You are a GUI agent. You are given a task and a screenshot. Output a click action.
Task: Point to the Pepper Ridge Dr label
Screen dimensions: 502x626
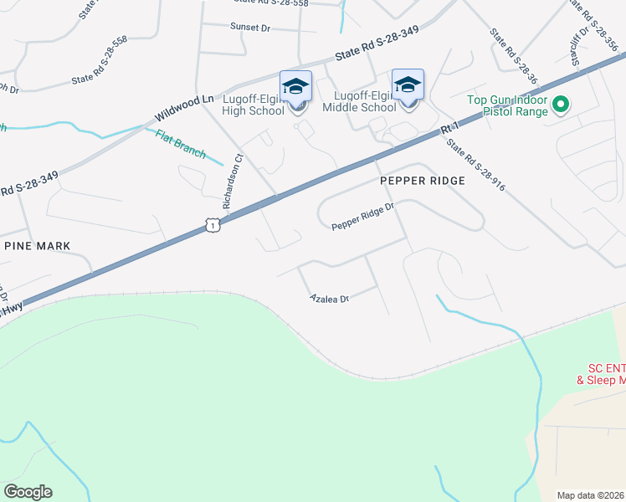pyautogui.click(x=362, y=221)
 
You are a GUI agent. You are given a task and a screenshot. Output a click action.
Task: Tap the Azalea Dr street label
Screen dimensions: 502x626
pyautogui.click(x=329, y=298)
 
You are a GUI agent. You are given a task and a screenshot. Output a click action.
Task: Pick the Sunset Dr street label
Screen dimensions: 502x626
pyautogui.click(x=250, y=28)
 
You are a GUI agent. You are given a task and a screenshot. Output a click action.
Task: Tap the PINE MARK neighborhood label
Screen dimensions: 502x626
pyautogui.click(x=37, y=245)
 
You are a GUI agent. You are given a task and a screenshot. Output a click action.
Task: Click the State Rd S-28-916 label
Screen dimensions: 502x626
pyautogui.click(x=475, y=165)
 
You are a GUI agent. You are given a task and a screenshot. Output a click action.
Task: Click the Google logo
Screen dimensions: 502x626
pyautogui.click(x=28, y=491)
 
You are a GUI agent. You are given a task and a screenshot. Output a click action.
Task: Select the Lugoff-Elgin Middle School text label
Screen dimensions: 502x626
pyautogui.click(x=365, y=101)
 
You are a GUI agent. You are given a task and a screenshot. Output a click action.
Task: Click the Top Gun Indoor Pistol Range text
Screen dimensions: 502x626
pyautogui.click(x=507, y=105)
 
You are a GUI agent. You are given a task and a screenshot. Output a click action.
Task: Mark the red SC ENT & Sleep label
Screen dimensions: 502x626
pyautogui.click(x=601, y=374)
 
